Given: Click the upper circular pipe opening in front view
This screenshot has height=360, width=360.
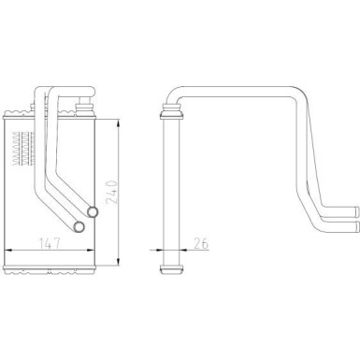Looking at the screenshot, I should [92, 212].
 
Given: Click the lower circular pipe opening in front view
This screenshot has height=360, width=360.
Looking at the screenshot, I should [79, 226].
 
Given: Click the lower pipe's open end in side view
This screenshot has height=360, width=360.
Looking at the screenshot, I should [357, 226].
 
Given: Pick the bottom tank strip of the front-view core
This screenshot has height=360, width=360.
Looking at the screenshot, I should [50, 269].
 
